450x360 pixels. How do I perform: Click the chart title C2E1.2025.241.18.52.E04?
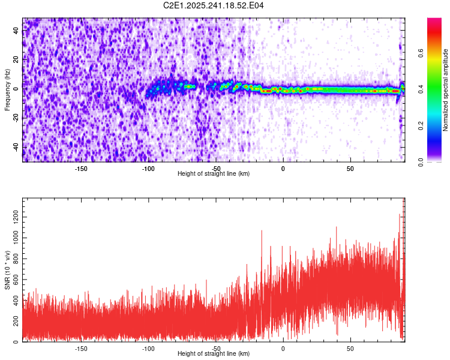[214, 5]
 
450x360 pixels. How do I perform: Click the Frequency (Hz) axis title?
[7, 90]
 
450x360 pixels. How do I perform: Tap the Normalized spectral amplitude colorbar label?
[446, 90]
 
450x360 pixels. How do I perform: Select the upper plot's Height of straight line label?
[214, 173]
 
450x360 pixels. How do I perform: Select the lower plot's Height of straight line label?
[214, 353]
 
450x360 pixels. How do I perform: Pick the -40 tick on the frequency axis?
[15, 146]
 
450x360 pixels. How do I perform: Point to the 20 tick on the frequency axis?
[16, 59]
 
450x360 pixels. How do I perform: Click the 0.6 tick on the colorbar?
[421, 52]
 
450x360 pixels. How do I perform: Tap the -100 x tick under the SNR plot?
[148, 348]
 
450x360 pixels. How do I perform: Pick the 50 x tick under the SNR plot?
[350, 348]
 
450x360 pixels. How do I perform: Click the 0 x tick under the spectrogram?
[283, 169]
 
